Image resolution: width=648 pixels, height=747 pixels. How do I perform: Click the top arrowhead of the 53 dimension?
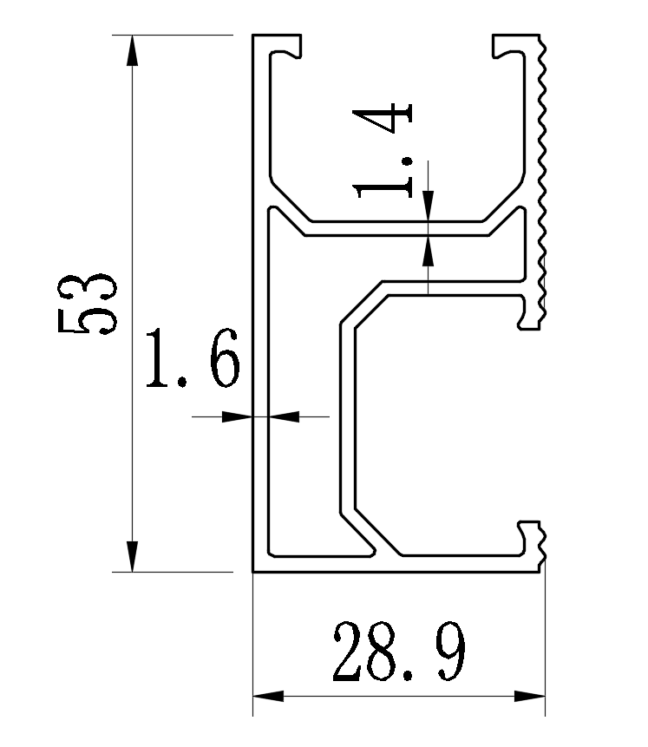[132, 51]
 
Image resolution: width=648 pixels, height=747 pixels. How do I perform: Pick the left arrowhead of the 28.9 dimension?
[268, 696]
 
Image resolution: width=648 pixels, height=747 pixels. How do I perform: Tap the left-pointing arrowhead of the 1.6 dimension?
[284, 416]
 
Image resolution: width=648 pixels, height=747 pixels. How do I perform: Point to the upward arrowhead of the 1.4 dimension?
[428, 252]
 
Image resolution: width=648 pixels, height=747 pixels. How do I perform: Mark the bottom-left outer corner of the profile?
[253, 571]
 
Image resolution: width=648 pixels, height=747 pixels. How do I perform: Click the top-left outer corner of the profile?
[253, 36]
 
